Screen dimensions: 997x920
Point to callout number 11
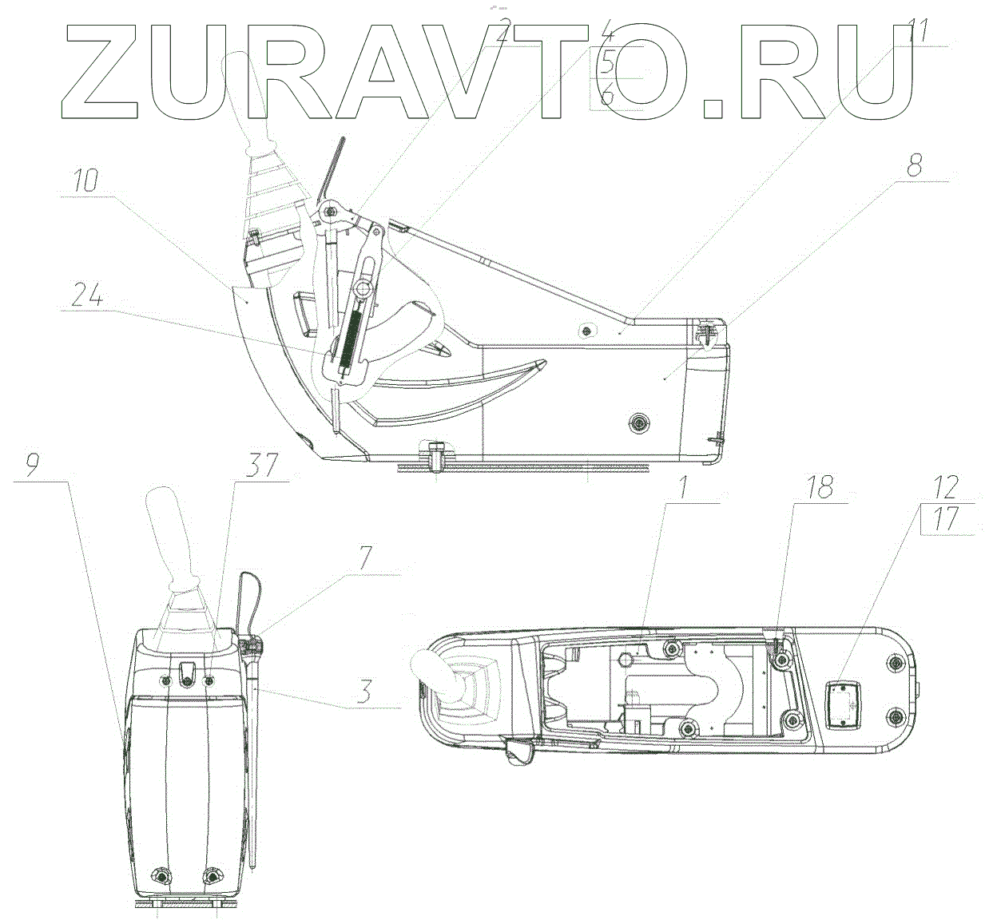(x=918, y=31)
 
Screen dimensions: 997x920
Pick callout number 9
(x=31, y=466)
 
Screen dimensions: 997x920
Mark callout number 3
(x=364, y=691)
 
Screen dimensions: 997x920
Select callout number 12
(x=946, y=488)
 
